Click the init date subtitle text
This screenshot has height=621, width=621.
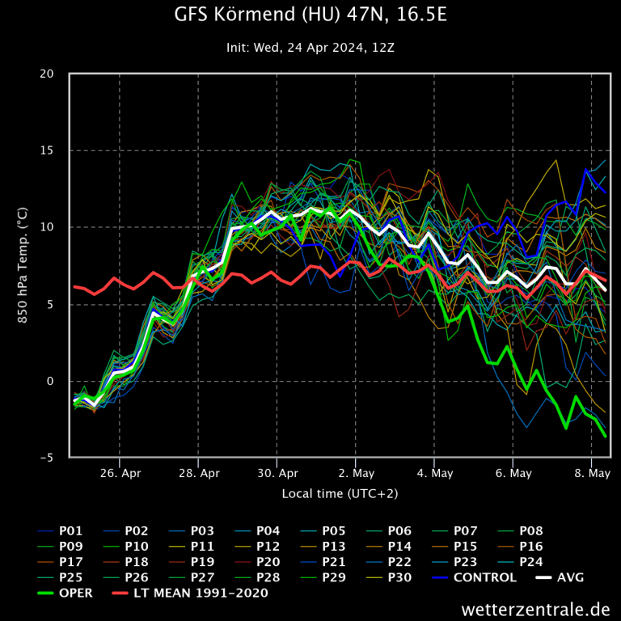point(310,48)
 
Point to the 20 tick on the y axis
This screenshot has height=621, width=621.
point(48,74)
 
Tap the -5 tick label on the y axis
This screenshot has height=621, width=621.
point(48,458)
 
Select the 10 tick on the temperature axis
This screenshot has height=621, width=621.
point(48,227)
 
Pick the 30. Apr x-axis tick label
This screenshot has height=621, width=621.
point(277,472)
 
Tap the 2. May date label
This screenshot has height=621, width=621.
point(356,472)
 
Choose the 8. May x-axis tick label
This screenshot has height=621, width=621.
point(592,472)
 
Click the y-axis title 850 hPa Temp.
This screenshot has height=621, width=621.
point(23,266)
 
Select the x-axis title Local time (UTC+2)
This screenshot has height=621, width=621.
point(340,492)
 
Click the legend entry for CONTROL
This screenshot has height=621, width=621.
point(485,577)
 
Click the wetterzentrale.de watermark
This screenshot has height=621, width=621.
point(535,608)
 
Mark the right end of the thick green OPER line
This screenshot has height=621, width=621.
point(605,437)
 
